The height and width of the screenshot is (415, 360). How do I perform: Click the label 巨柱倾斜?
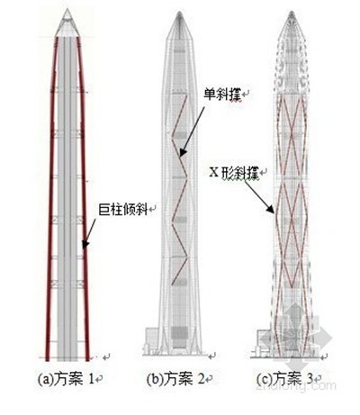click(x=123, y=210)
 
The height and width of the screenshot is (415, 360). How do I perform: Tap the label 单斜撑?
click(x=223, y=95)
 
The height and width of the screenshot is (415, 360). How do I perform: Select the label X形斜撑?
click(x=234, y=173)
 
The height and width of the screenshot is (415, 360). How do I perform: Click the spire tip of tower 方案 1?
click(x=67, y=9)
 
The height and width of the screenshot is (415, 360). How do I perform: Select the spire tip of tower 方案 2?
click(x=179, y=13)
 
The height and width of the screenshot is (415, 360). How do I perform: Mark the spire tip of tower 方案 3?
click(x=292, y=12)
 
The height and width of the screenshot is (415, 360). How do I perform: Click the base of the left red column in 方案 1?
click(x=47, y=359)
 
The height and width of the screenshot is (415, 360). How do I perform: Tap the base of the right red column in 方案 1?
click(x=87, y=359)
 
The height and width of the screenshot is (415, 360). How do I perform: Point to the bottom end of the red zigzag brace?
click(x=172, y=284)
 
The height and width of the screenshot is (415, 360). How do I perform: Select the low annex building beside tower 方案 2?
click(x=151, y=341)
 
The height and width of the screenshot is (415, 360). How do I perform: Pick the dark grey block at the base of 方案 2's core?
click(x=179, y=333)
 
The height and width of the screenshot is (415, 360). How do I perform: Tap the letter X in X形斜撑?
click(x=213, y=173)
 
